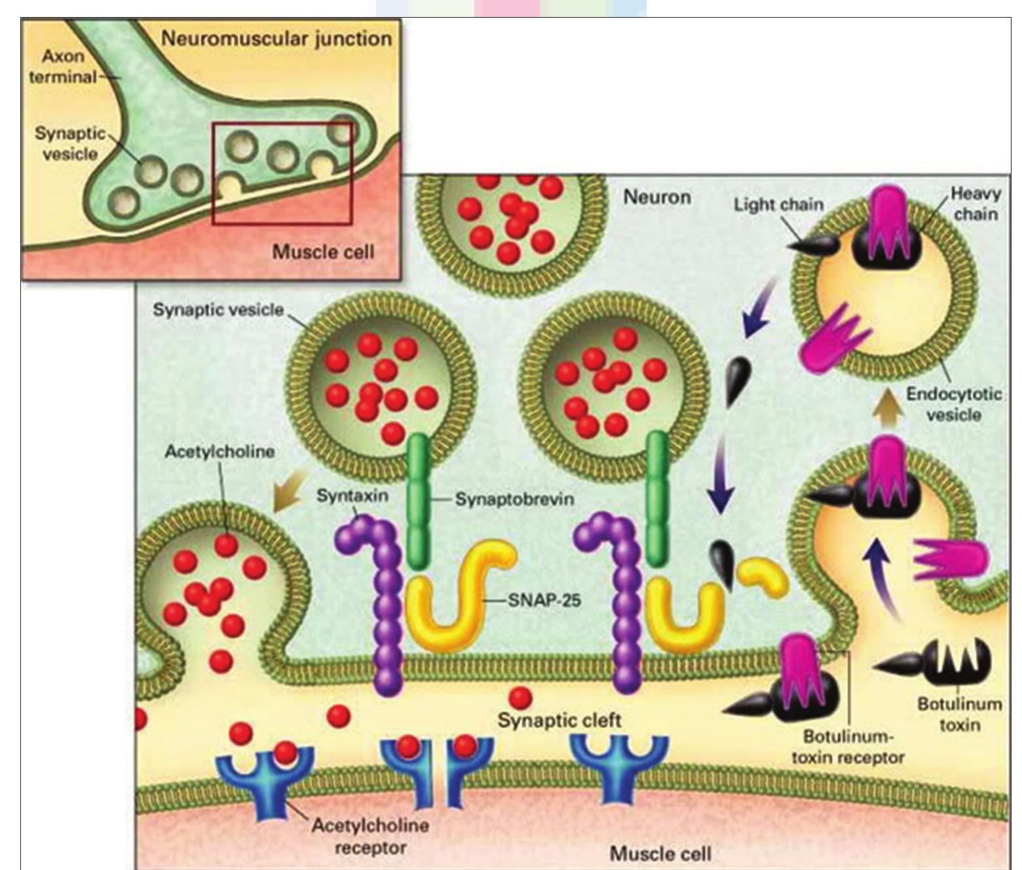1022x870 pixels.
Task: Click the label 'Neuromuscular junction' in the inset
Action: click(276, 38)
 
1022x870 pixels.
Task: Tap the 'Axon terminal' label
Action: click(62, 67)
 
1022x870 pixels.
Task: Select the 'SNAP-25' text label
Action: click(544, 599)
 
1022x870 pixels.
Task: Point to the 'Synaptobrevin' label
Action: click(514, 499)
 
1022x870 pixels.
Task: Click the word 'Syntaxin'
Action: click(352, 495)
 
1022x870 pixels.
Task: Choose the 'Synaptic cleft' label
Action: click(559, 721)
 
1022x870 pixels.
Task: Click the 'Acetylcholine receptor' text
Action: click(370, 836)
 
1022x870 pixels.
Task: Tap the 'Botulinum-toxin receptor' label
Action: click(848, 747)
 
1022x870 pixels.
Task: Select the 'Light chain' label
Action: click(778, 204)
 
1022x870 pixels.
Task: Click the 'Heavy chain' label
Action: click(975, 204)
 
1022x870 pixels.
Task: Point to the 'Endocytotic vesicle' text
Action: click(954, 404)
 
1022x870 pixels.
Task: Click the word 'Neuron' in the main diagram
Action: click(656, 197)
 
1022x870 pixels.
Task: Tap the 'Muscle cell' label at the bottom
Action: click(660, 854)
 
